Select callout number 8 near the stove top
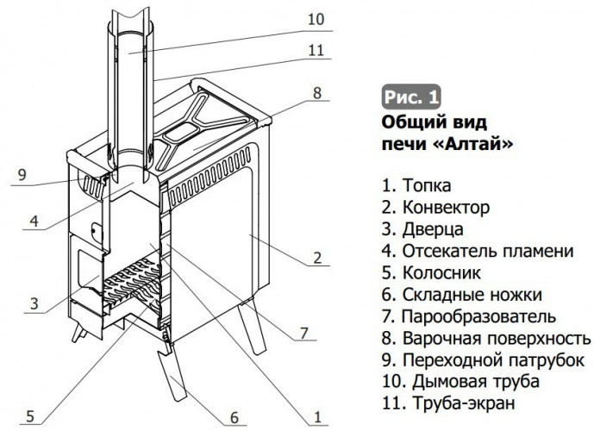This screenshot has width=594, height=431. click(317, 92)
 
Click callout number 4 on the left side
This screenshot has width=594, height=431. click(33, 222)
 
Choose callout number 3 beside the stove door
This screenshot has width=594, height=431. click(33, 303)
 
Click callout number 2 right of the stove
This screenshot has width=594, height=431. click(317, 257)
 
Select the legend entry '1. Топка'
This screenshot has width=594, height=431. click(415, 184)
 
